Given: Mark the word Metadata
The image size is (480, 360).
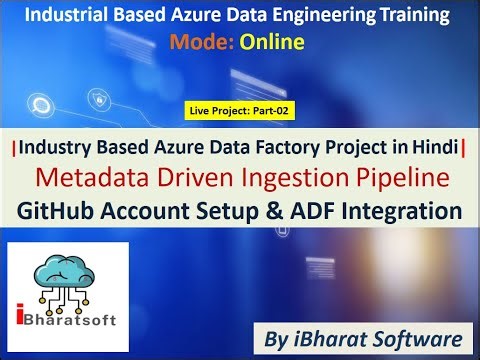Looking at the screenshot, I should coord(95,179).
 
